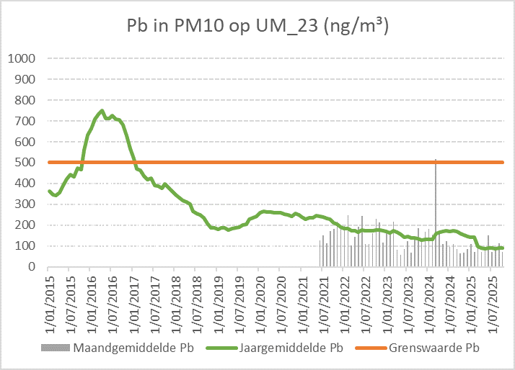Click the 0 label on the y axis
coord(32,267)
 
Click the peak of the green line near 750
coord(102,111)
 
